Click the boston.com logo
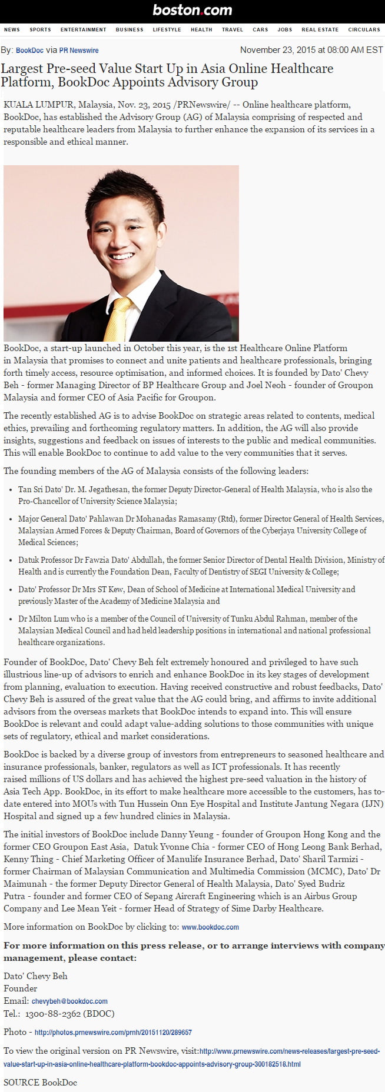click(192, 10)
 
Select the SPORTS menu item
click(40, 29)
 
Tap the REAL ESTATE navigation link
click(320, 29)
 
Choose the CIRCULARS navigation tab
click(364, 29)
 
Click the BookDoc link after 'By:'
click(29, 51)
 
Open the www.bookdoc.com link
click(210, 927)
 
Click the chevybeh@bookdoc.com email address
click(69, 1001)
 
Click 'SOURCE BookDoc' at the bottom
click(40, 1083)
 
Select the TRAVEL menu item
click(232, 29)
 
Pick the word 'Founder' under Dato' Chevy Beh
click(21, 989)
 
